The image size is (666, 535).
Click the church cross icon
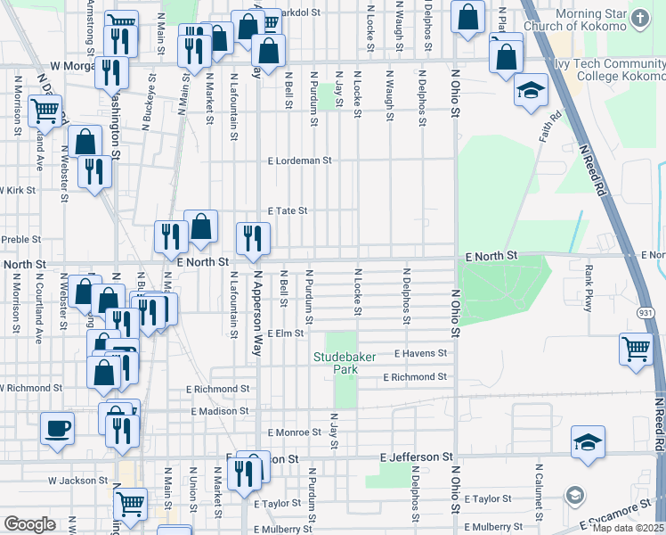pyautogui.click(x=640, y=17)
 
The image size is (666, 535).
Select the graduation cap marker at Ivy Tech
pyautogui.click(x=531, y=91)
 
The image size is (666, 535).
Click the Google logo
pyautogui.click(x=29, y=524)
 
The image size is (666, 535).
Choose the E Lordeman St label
pyautogui.click(x=300, y=161)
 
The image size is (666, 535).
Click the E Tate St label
pyautogui.click(x=288, y=211)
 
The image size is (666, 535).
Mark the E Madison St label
pyautogui.click(x=218, y=411)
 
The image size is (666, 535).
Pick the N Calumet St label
pyautogui.click(x=539, y=490)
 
